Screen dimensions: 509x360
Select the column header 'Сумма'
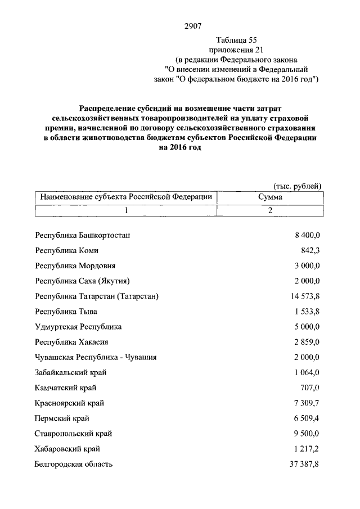270,197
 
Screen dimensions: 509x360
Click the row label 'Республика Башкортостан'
83,235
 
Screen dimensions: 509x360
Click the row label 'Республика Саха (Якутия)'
84,281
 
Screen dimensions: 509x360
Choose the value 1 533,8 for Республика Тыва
306,311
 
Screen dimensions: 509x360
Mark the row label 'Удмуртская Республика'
78,326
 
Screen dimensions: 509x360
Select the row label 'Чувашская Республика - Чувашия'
96,357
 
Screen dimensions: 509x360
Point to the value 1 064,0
306,372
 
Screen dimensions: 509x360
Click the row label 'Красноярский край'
69,403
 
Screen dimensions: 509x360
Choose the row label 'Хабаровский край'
67,448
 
